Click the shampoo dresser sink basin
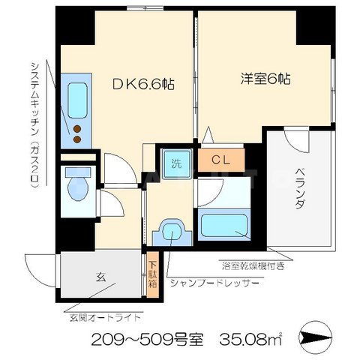pyautogui.click(x=171, y=231)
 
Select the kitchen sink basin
pyautogui.click(x=78, y=97)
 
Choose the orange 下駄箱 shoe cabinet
pyautogui.click(x=153, y=276)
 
